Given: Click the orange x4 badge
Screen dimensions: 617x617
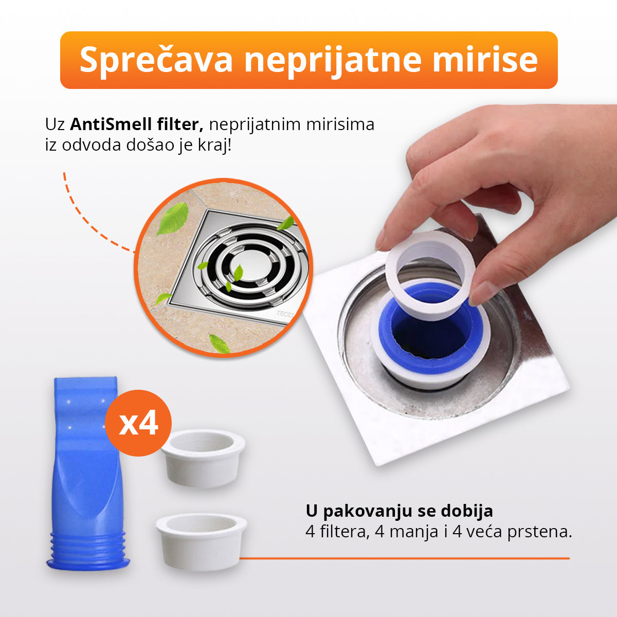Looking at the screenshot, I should (x=138, y=423).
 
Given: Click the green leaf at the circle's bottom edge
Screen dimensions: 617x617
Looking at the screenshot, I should (x=220, y=343).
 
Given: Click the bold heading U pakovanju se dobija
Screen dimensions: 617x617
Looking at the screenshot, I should (x=399, y=511).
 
